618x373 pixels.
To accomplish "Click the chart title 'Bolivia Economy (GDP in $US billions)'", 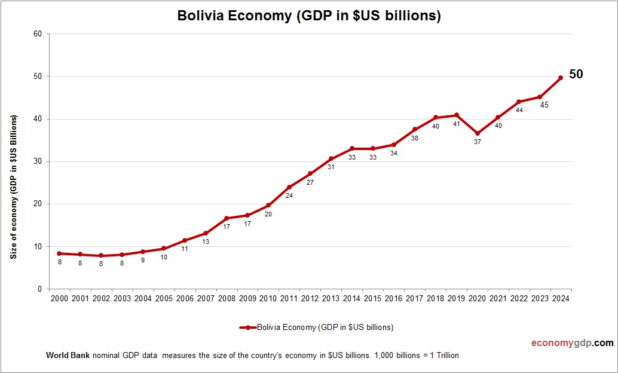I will coord(309,16).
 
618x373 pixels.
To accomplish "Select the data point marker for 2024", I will coord(561,78).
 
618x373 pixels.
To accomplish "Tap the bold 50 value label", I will coord(576,75).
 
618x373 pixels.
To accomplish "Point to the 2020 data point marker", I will coord(477,133).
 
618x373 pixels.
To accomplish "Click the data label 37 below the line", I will coord(477,142).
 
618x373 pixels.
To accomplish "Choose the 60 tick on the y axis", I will coord(38,34).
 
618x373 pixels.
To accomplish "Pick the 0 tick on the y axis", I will coord(39,289).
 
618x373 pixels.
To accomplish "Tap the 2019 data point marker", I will coord(457,115).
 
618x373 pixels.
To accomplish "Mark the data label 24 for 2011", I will coord(289,196).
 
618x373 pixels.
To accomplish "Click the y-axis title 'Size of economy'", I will coord(13,186).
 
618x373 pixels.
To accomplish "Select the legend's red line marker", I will coord(247,328).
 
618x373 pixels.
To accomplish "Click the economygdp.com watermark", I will coord(572,343).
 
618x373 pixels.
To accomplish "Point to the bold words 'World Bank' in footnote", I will coord(68,356).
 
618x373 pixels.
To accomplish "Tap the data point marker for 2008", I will coord(227,218).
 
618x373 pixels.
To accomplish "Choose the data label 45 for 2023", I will coord(544,105).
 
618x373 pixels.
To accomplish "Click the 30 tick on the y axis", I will coord(38,161).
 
